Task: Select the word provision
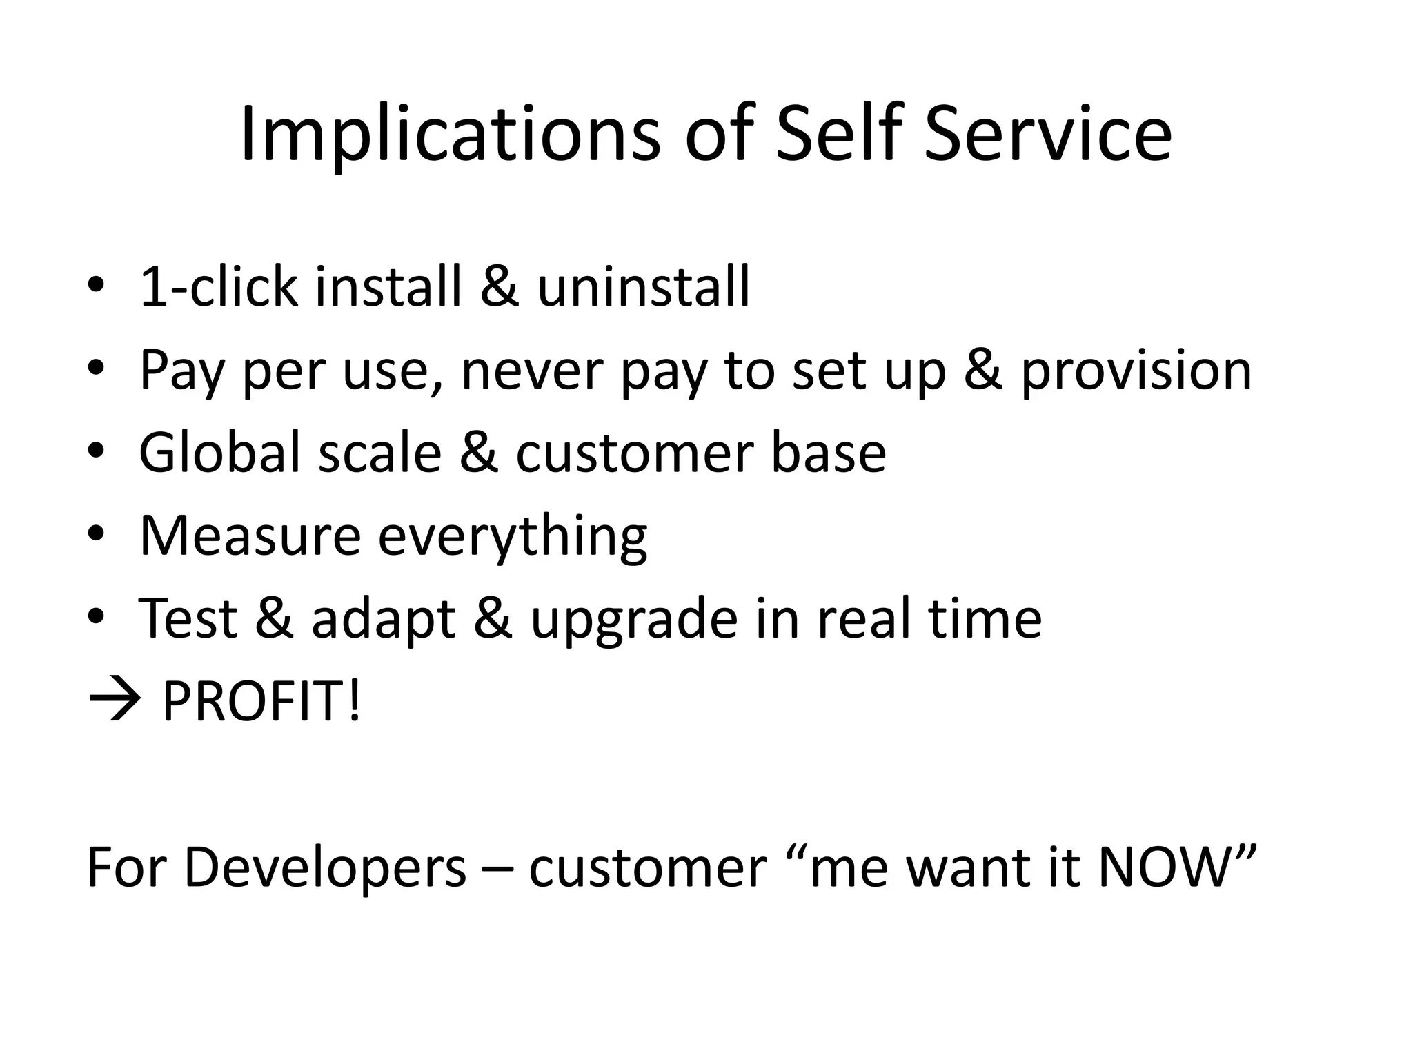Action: pos(1136,371)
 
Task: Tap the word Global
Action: pos(220,453)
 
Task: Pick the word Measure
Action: pos(250,536)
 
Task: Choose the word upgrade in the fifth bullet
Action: pos(634,619)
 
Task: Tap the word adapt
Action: pos(384,619)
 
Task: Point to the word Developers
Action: pos(325,868)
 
